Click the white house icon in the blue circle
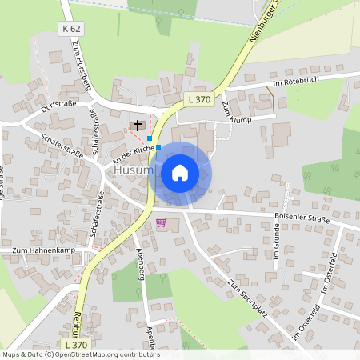pos(180,173)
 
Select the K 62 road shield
pos(70,28)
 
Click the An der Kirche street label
pos(132,150)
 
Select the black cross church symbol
pos(138,125)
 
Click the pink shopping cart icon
pos(162,222)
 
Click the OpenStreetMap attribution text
pos(81,354)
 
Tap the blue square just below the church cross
pos(149,138)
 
